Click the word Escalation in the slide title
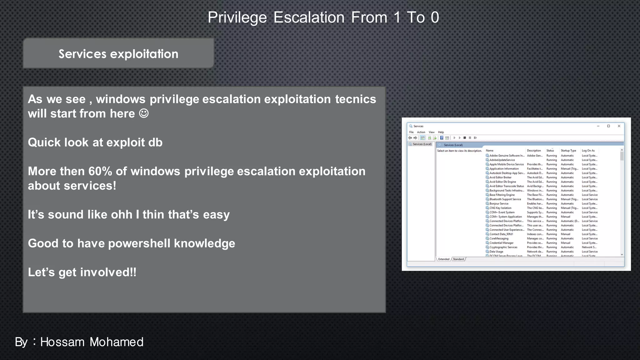pos(309,17)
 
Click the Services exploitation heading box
pos(118,53)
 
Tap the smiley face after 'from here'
pos(144,113)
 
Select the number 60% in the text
pos(100,171)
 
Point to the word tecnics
pos(355,99)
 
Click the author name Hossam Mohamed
pos(92,342)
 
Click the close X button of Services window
pos(619,126)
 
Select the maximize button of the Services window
pos(608,126)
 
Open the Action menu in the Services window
pos(421,132)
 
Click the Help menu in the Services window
pos(441,132)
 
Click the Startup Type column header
pos(568,151)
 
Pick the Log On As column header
pos(588,151)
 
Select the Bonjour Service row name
pos(499,204)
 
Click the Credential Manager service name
pos(501,243)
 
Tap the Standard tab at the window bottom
pos(458,259)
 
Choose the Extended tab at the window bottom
pos(444,259)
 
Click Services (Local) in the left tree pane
pos(422,144)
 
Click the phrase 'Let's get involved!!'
pos(82,272)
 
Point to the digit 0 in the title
pos(435,17)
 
